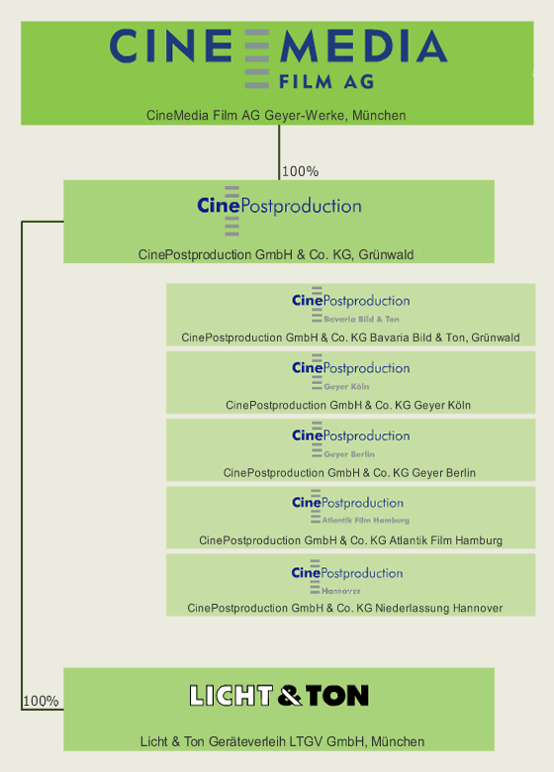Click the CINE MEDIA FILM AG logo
point(278,59)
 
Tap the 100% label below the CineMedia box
point(300,171)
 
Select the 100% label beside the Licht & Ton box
point(41,701)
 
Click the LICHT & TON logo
point(279,696)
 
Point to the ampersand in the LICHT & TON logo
point(290,696)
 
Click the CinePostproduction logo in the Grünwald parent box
point(279,210)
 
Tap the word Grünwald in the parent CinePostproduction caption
point(386,254)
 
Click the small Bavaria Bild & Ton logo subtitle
point(362,319)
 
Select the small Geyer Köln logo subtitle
point(346,386)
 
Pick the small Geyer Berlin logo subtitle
point(349,454)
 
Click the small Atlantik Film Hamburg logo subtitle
point(366,520)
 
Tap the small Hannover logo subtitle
point(341,591)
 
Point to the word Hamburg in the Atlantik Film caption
point(479,540)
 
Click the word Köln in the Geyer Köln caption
point(460,405)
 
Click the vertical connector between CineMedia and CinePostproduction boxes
point(279,152)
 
